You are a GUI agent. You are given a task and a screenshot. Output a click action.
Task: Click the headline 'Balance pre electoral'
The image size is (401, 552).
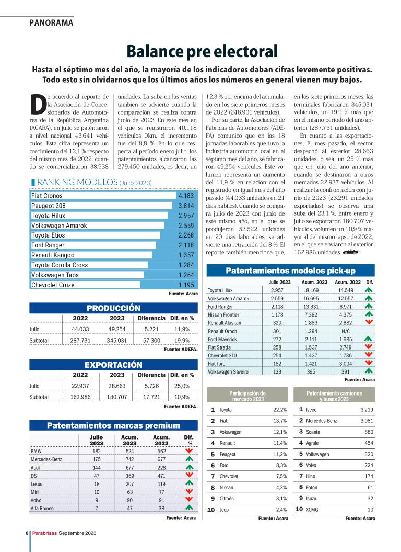pos(201,51)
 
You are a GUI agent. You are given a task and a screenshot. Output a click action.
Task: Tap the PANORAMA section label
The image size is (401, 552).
pos(51,22)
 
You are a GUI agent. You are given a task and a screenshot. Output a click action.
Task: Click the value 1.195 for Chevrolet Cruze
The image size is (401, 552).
pos(186,285)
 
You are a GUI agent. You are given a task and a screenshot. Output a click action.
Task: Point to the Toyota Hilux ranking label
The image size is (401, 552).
pos(48,216)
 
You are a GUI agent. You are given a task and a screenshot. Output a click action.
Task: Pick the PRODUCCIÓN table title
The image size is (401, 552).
pos(113,308)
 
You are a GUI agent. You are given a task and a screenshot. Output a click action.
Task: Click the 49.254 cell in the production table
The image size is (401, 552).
pos(116,329)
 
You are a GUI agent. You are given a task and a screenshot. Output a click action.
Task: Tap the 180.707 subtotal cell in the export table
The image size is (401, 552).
pos(116,397)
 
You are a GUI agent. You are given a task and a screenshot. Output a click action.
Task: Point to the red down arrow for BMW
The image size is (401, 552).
pos(189,451)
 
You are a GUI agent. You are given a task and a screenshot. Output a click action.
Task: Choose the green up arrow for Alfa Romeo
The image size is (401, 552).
pos(189,507)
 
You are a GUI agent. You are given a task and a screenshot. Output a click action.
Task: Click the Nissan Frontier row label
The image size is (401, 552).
pos(224,314)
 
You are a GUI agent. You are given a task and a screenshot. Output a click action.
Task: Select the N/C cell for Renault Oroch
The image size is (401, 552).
pos(345,331)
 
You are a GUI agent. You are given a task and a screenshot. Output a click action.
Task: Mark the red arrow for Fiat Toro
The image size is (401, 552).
pos(369,363)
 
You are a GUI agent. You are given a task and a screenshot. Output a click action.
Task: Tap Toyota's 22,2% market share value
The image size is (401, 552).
pos(280,409)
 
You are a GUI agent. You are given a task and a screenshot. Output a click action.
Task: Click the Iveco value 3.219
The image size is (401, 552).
pos(367,409)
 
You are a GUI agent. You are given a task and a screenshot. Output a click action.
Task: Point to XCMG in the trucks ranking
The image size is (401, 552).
pos(312,509)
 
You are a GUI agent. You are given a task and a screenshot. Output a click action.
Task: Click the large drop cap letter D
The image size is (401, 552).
pos(37,105)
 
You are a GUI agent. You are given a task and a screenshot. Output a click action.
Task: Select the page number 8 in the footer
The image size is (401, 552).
pos(27,533)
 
